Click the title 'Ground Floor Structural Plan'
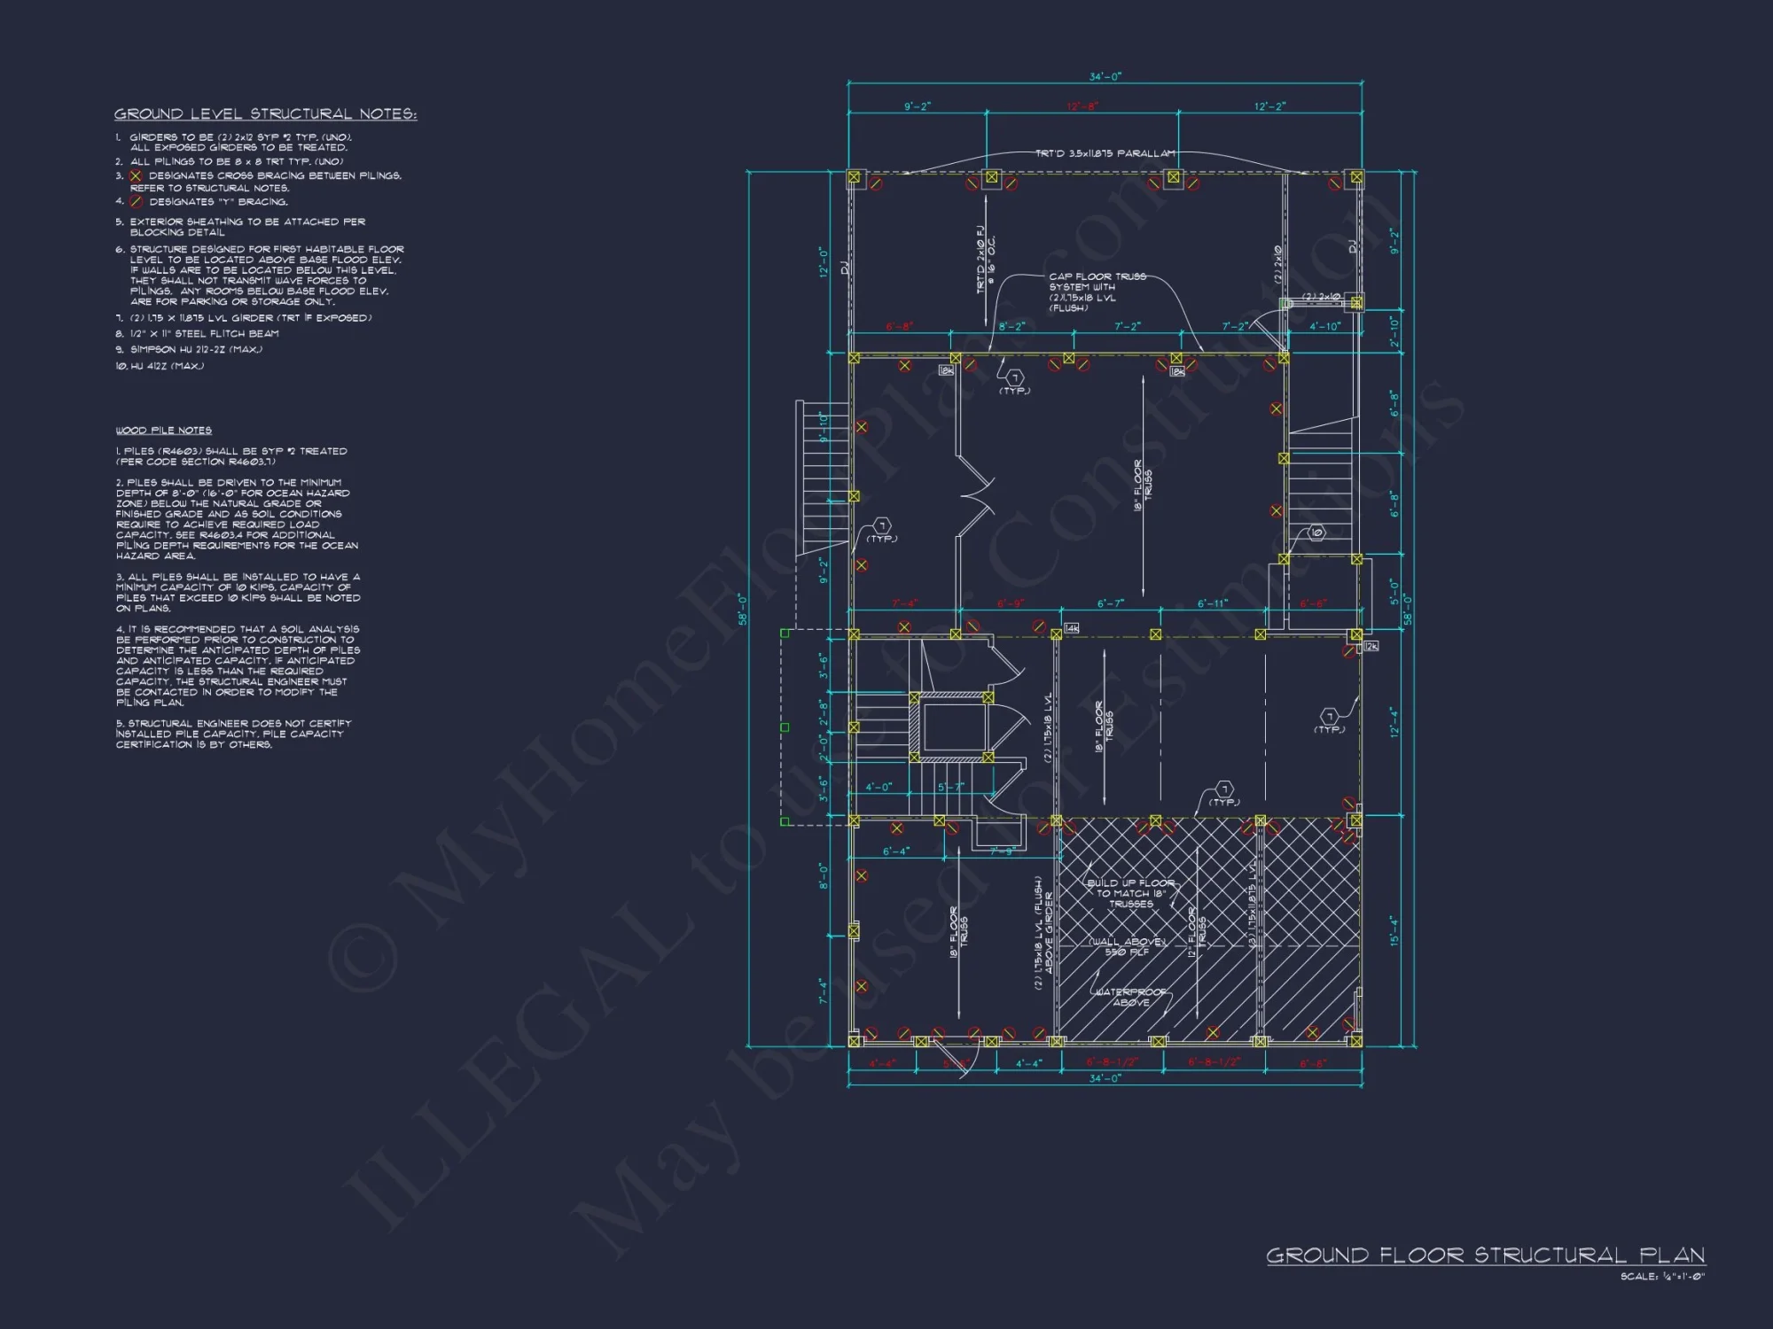click(x=1485, y=1255)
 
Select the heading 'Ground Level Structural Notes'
click(x=265, y=114)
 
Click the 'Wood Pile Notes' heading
click(x=164, y=431)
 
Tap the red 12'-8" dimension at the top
click(x=1082, y=106)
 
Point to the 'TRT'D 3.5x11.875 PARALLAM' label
click(x=1105, y=153)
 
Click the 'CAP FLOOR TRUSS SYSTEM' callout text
click(x=1097, y=291)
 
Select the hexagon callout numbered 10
click(x=1316, y=532)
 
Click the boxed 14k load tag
click(x=1071, y=628)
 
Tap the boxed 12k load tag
click(x=1371, y=647)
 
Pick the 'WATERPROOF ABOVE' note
click(x=1130, y=997)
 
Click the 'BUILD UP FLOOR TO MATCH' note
click(x=1130, y=893)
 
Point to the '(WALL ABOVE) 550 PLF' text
click(x=1127, y=947)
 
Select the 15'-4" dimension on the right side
click(x=1394, y=930)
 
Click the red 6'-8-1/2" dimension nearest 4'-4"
click(x=1112, y=1062)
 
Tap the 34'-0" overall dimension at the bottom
click(x=1105, y=1078)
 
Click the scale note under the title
click(x=1662, y=1277)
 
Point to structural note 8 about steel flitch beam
click(x=204, y=334)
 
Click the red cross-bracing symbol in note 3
click(x=136, y=175)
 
